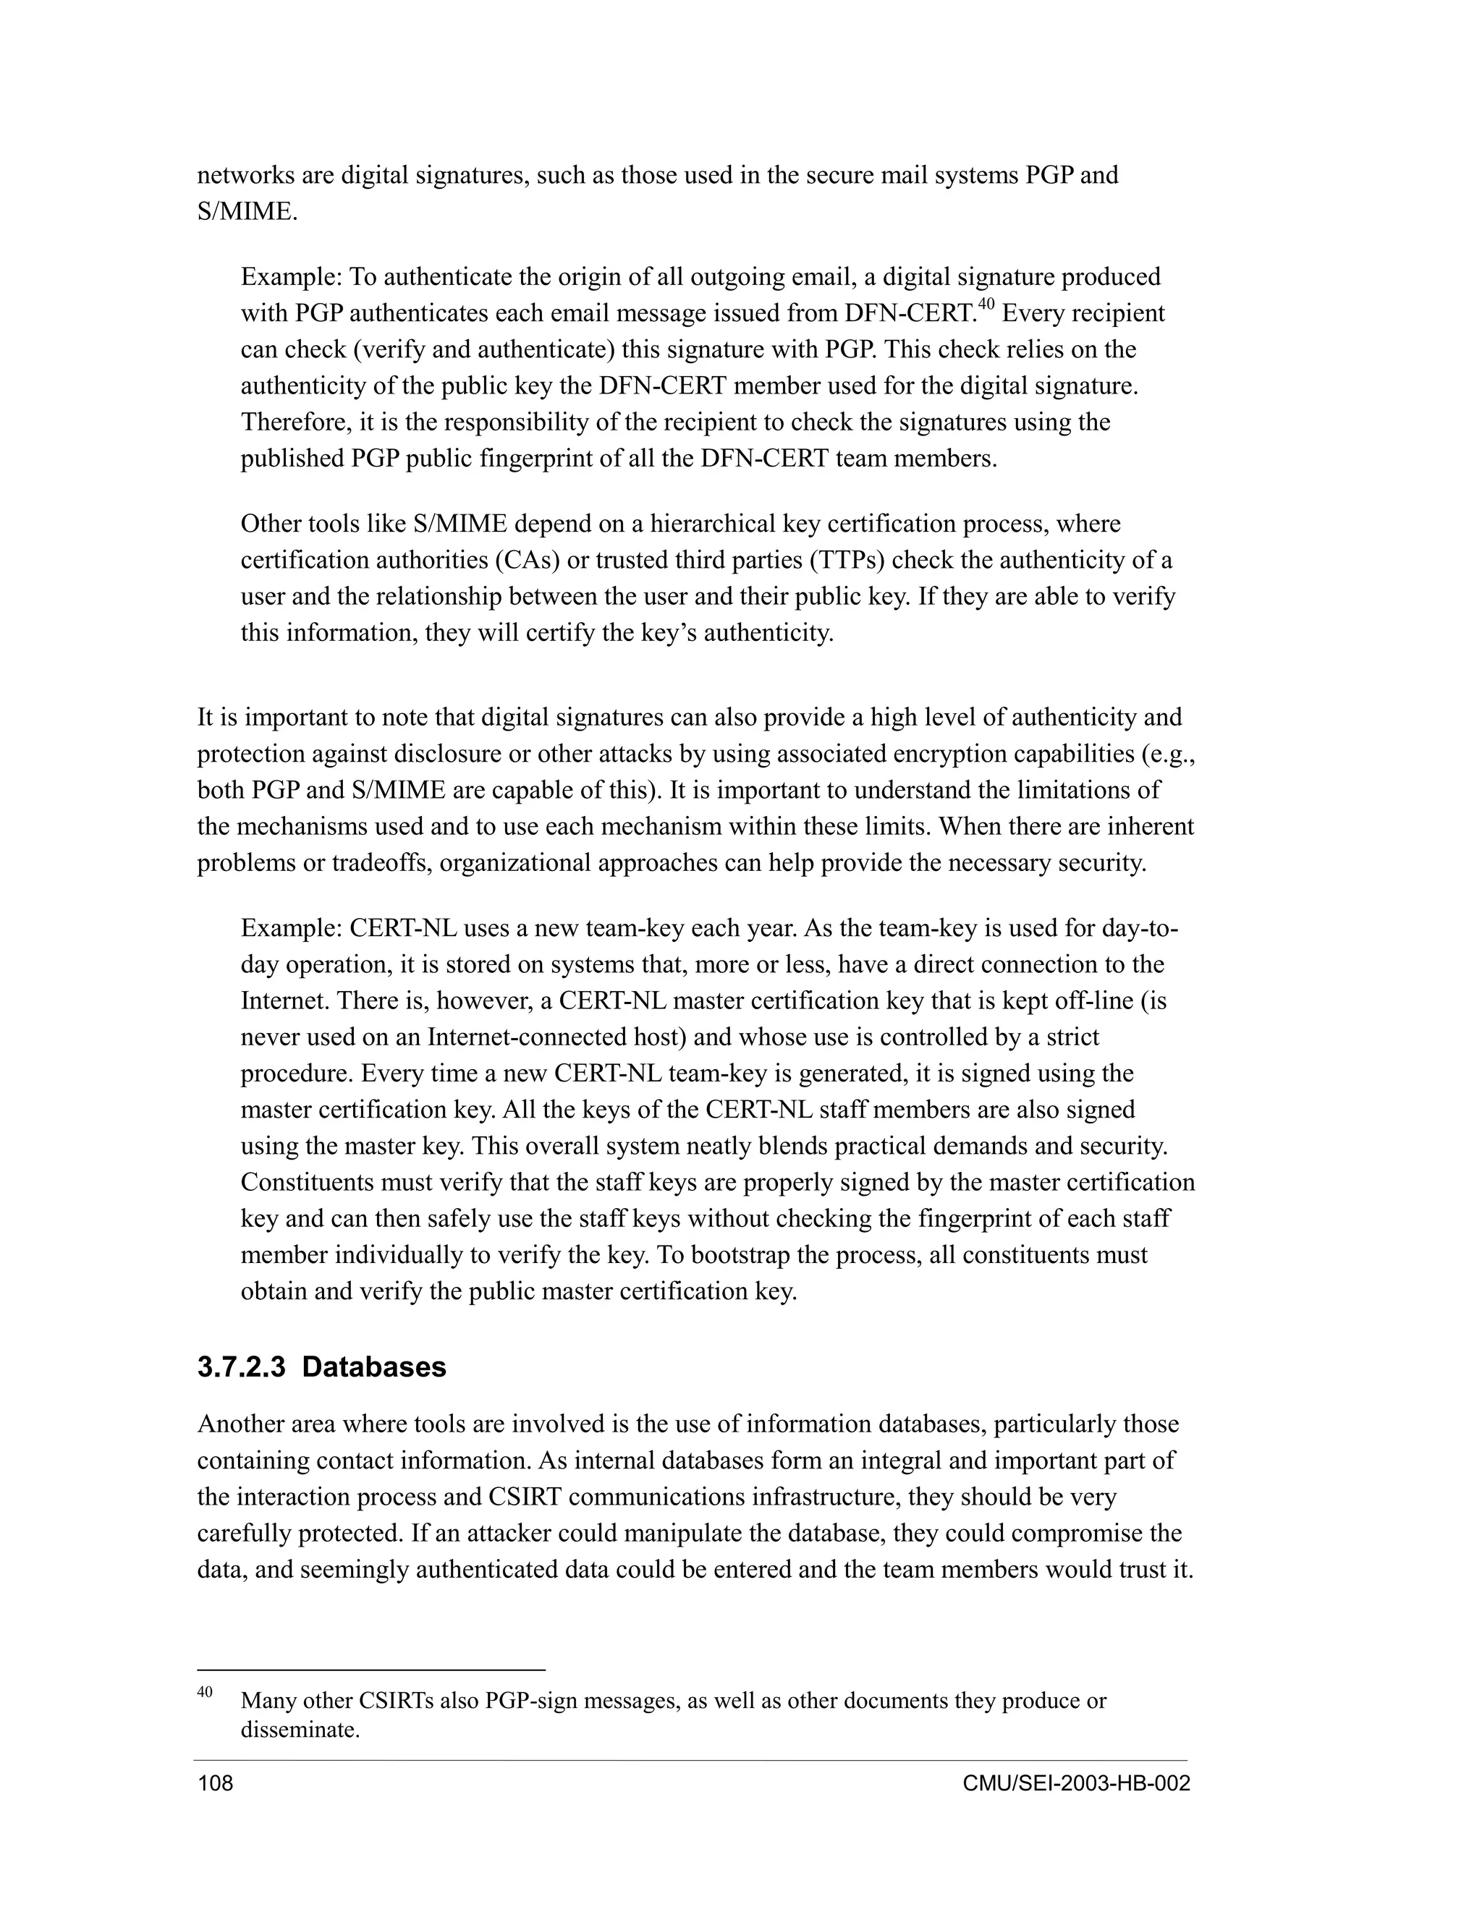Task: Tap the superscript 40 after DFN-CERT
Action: (x=986, y=305)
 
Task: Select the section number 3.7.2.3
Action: (x=242, y=1367)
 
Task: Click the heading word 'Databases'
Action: (x=374, y=1367)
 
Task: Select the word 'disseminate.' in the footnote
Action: (x=300, y=1731)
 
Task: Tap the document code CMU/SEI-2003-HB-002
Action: (x=1075, y=1785)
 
